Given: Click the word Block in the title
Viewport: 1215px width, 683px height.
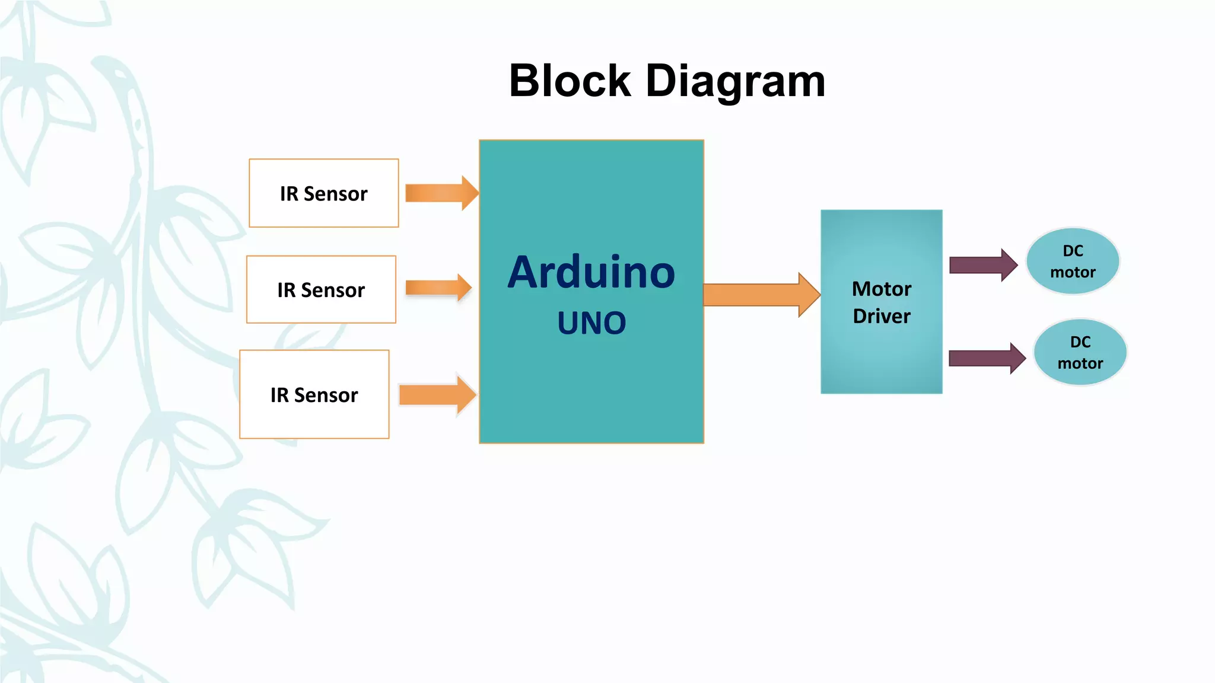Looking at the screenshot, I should pos(570,81).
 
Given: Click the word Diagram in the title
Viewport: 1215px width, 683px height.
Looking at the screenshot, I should pos(735,81).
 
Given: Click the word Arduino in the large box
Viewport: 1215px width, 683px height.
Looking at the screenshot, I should pos(591,273).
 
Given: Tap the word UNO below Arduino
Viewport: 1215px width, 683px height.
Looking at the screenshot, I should pos(591,323).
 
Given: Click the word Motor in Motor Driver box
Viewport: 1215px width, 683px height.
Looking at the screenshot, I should pos(882,289).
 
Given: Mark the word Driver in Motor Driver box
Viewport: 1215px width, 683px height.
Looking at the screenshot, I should pos(882,316).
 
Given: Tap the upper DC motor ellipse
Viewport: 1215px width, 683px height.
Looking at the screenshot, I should pos(1073,261).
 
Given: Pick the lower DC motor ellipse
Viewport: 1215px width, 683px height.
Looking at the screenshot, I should pos(1080,352).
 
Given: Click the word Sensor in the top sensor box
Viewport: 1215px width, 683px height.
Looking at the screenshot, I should pos(336,194).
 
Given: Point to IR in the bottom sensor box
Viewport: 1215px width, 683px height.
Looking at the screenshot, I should pos(279,395).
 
